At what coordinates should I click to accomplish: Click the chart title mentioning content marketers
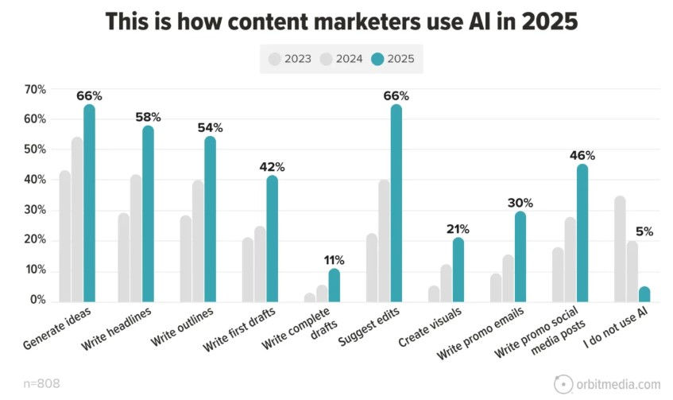click(x=340, y=22)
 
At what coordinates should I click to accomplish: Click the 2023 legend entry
click(x=289, y=58)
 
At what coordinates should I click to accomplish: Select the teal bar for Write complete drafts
click(x=334, y=285)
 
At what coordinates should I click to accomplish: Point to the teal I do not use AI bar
click(x=644, y=294)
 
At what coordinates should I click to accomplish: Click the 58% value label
click(x=148, y=117)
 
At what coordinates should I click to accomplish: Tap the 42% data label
click(x=272, y=167)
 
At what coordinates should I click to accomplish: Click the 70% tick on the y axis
click(x=35, y=90)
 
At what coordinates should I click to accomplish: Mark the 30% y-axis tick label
click(x=35, y=210)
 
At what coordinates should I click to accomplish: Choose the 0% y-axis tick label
click(x=38, y=301)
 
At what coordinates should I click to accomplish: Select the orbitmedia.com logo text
click(x=617, y=383)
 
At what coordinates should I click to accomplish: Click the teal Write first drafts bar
click(x=272, y=239)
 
